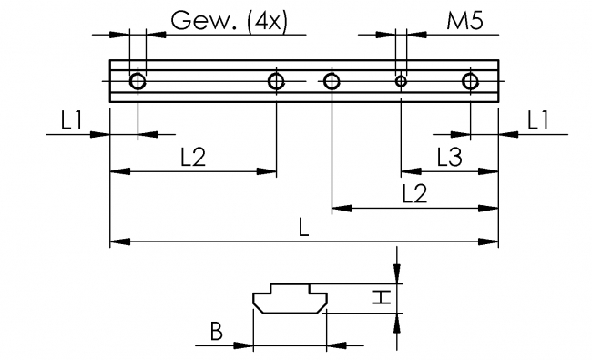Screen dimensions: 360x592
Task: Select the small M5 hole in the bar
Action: (400, 81)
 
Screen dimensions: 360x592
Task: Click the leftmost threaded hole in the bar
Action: (138, 81)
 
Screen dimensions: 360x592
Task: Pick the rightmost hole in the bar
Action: (469, 81)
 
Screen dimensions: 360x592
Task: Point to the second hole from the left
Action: (277, 81)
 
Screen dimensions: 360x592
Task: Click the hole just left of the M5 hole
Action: (332, 81)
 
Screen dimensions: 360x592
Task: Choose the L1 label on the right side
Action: (538, 119)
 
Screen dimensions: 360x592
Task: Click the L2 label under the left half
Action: (192, 157)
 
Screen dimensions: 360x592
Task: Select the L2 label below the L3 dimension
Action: (414, 193)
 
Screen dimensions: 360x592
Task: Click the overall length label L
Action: (303, 228)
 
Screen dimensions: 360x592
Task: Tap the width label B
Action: (216, 332)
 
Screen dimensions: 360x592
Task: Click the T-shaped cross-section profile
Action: (288, 300)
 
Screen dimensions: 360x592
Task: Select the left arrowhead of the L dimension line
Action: (117, 242)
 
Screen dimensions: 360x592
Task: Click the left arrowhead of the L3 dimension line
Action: (407, 170)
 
